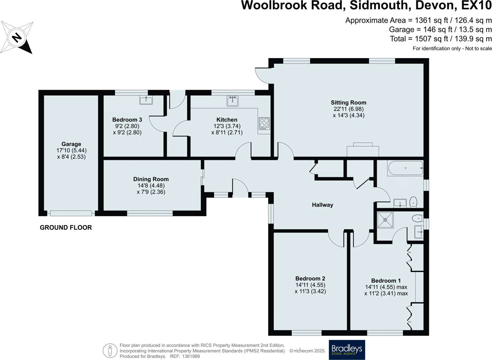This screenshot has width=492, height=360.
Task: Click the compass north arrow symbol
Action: coord(17,38)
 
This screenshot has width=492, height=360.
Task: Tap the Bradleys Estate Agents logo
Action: coord(347,350)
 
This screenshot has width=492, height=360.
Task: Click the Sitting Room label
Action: coord(348,102)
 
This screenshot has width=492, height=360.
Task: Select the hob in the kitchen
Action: coord(264,123)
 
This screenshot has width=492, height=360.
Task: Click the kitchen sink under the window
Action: coord(232,101)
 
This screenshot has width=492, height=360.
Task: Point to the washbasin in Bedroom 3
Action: coord(146,100)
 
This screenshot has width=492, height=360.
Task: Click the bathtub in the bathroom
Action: coord(405,168)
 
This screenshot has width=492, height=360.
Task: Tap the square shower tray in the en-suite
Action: coord(385,220)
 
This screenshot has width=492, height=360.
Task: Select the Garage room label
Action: coord(71,144)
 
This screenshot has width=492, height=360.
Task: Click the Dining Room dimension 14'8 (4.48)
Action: coord(151,185)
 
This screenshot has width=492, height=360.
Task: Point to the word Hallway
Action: coord(322,205)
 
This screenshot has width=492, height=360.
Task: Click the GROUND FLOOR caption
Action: coord(66,227)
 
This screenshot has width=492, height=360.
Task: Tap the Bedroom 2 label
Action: coord(310,278)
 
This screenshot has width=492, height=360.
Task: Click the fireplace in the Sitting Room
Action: coord(363,151)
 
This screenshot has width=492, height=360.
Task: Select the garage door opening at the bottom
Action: coord(71,213)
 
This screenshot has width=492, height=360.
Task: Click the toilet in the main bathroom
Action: coord(413,202)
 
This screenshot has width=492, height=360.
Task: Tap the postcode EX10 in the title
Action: coord(476,6)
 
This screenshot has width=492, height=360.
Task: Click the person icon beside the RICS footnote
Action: coord(110,351)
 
